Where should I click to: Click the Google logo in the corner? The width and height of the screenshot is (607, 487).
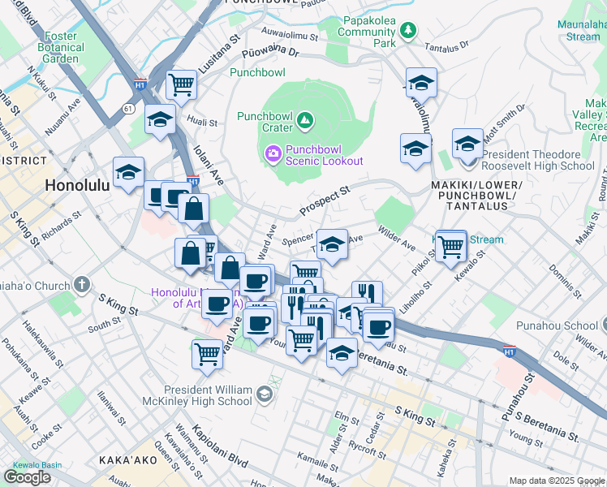[x=27, y=476]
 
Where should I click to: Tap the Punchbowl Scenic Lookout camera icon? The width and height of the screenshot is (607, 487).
[x=272, y=152]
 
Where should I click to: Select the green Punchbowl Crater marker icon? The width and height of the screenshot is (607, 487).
[x=305, y=122]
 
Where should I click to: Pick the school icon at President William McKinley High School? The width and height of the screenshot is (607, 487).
[x=264, y=394]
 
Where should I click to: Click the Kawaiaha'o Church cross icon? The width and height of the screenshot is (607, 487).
[x=81, y=285]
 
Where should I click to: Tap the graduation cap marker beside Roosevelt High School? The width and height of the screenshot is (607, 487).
[x=467, y=144]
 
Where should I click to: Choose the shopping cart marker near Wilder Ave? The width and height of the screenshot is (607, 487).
[x=450, y=244]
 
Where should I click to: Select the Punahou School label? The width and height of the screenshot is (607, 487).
[x=556, y=325]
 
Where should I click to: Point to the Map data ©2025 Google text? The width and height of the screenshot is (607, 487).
[x=556, y=481]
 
